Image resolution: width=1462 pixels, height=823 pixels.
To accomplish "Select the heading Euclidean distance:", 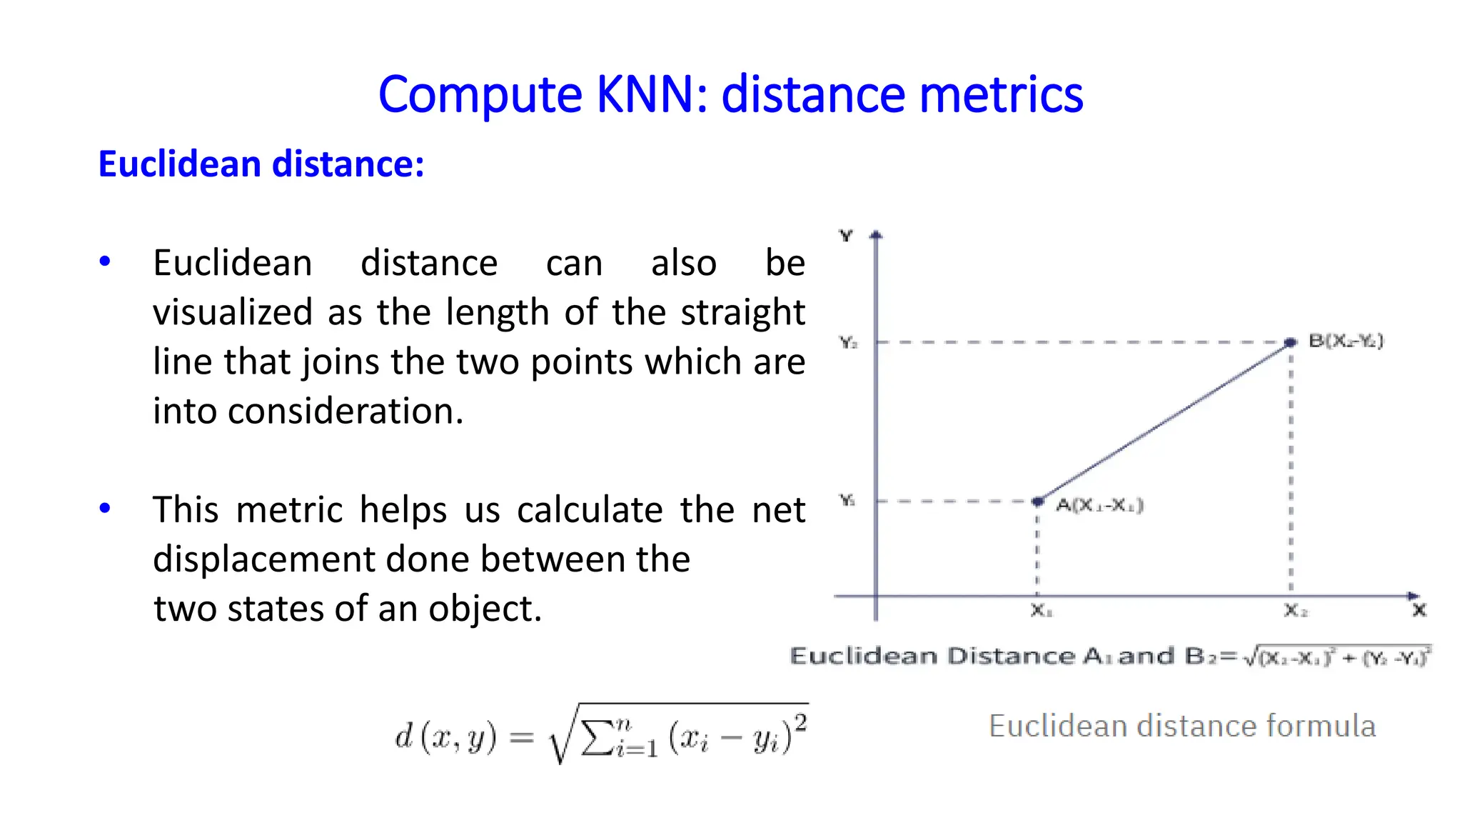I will click(261, 164).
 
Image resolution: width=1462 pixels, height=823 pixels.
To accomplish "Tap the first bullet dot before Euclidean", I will click(105, 261).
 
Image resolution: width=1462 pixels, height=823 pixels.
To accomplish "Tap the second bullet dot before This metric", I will click(105, 509).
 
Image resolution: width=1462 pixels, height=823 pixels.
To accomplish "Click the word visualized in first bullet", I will click(233, 312).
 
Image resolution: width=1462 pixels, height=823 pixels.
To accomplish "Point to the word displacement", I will click(263, 559).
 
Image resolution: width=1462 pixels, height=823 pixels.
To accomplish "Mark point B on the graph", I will click(1290, 343).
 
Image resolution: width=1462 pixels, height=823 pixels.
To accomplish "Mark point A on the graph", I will click(1038, 502).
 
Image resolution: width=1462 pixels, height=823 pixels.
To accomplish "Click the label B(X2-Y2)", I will click(1346, 341).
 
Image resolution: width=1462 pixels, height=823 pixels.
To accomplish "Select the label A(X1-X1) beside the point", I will click(1099, 506).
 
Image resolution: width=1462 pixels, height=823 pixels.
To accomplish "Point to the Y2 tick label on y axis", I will click(848, 343).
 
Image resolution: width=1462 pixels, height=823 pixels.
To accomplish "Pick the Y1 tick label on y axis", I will click(847, 501).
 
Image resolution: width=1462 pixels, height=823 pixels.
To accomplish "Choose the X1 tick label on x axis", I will click(1041, 612).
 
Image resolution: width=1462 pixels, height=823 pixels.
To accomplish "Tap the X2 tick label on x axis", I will click(1295, 612).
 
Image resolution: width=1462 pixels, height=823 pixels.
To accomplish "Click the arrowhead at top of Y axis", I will click(877, 234).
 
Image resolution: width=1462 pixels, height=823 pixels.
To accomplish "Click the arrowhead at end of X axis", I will click(1413, 596).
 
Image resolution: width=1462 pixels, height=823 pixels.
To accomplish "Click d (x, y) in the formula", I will click(445, 737).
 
